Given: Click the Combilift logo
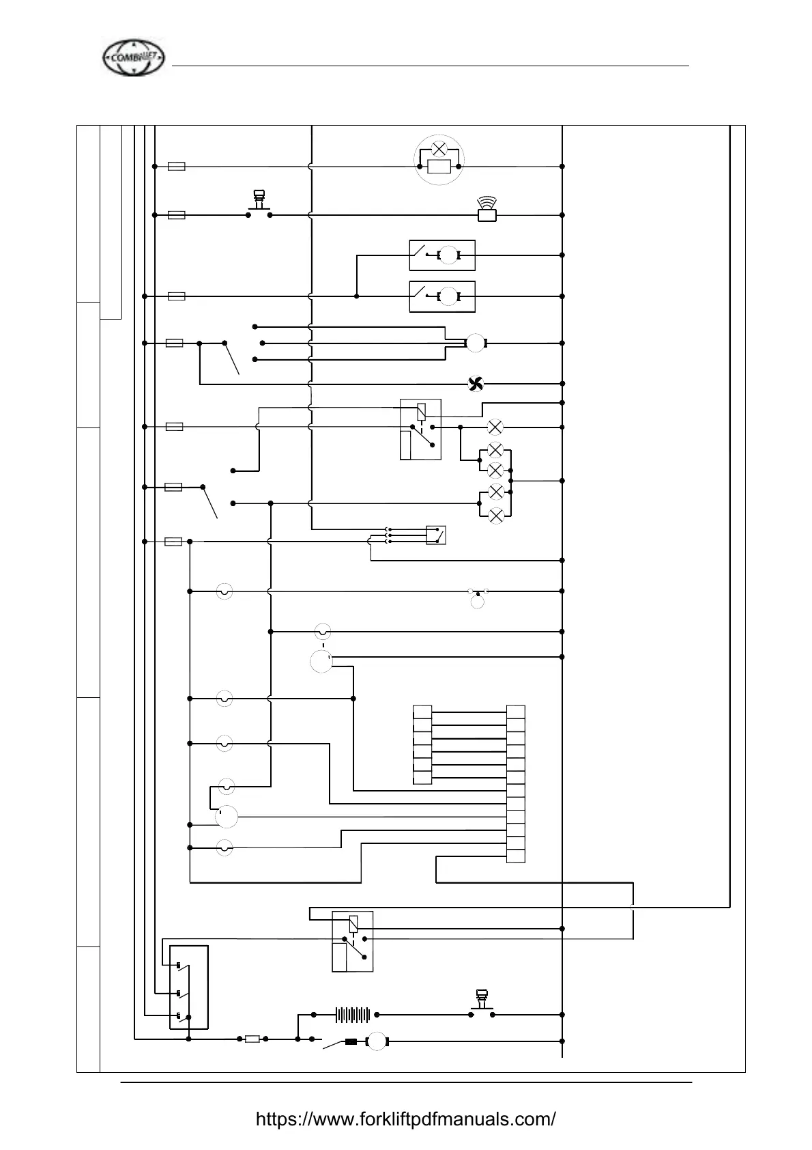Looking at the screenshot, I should (134, 59).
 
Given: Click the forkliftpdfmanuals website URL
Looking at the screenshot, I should (405, 1119).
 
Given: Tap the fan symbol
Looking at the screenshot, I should (475, 384).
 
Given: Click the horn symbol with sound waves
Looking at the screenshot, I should (486, 210).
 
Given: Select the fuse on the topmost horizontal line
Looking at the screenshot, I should (176, 166).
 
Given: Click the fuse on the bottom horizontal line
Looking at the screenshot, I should (252, 1039).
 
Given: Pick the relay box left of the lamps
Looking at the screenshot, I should (420, 430).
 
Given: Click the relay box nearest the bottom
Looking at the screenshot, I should (352, 941).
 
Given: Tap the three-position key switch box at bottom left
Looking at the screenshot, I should (188, 987).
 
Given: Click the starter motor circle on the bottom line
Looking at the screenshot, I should (377, 1041).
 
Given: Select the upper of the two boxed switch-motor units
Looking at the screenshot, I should (441, 256).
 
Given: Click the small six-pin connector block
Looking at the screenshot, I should (422, 744).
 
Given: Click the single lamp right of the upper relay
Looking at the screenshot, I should (496, 427).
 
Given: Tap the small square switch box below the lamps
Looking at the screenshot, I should (435, 535).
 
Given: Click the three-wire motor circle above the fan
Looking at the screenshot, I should (475, 343).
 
